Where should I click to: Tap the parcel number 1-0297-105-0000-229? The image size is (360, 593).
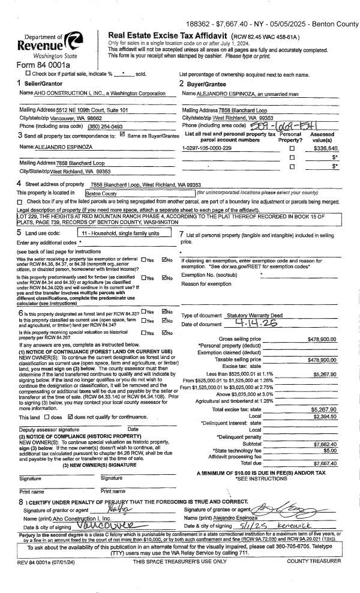pos(206,147)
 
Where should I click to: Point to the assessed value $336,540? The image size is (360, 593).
pos(323,147)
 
